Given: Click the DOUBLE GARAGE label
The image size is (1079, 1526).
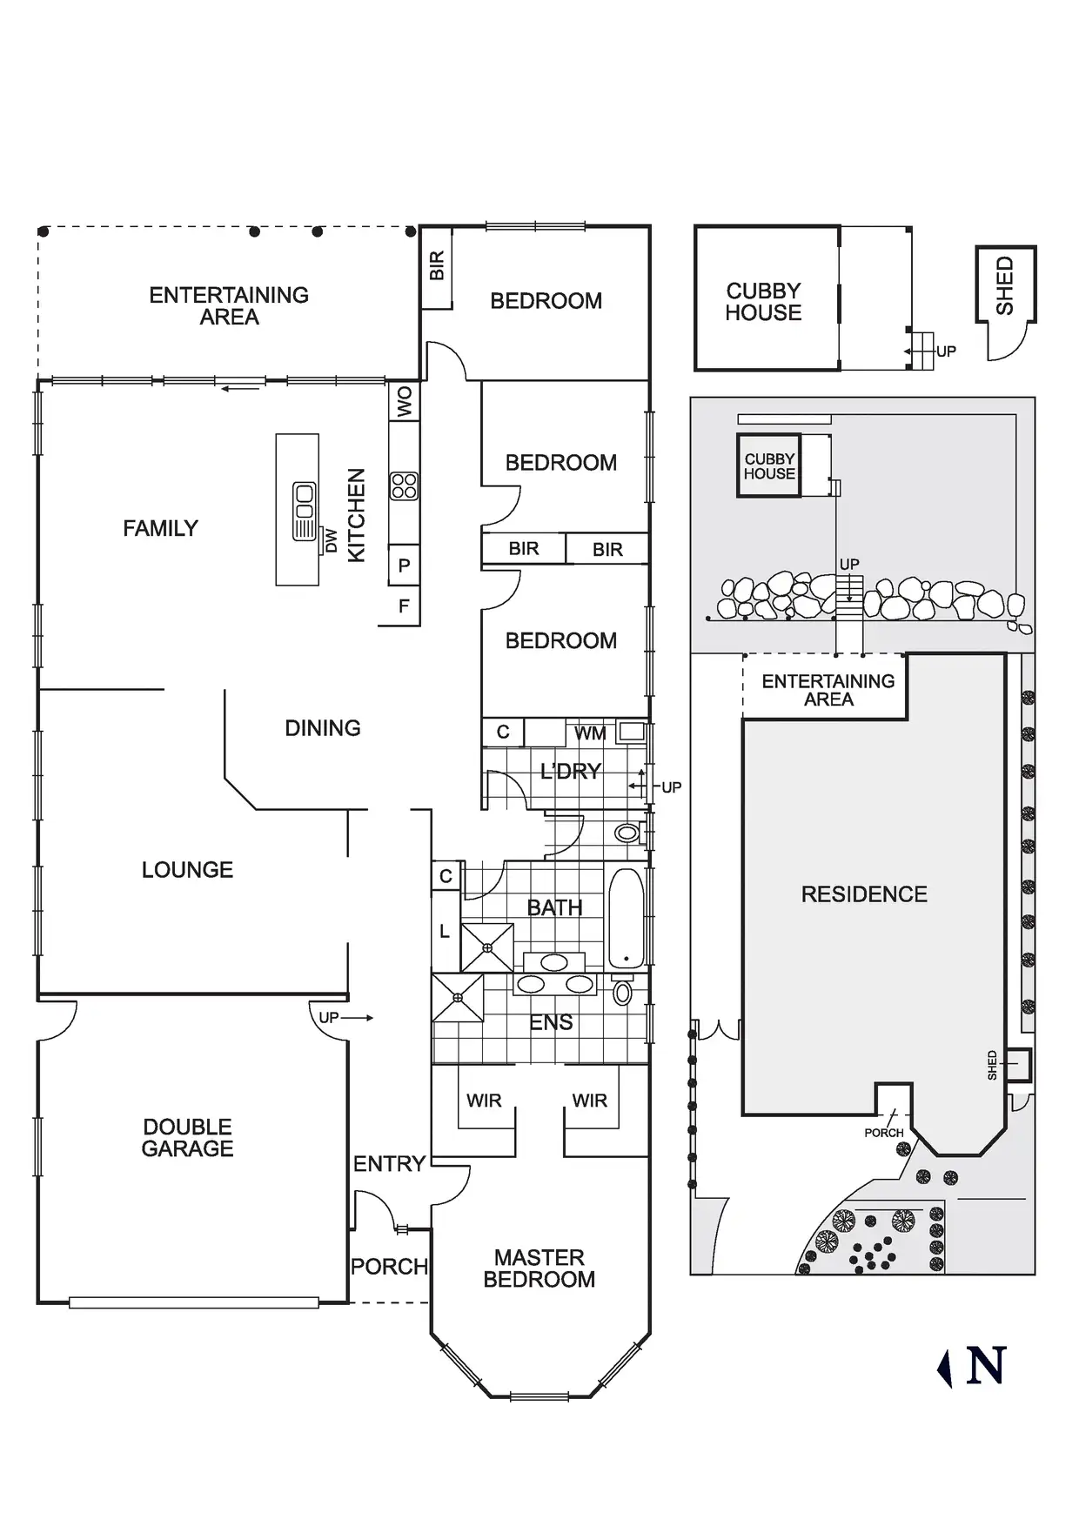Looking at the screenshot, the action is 187,1137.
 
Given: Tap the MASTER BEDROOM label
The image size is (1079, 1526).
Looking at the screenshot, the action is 539,1268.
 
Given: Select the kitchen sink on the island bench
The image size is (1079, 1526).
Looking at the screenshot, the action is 304,511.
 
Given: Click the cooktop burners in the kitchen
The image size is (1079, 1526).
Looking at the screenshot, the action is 404,485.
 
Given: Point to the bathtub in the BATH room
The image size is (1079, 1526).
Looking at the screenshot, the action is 627,917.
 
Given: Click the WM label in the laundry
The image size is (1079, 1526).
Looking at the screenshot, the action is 590,733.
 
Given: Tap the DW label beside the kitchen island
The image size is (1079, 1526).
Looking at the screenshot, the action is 332,541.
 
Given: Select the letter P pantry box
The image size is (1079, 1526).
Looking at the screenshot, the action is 404,566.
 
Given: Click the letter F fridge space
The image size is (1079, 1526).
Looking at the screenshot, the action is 404,606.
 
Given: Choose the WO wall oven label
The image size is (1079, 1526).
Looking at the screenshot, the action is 405,403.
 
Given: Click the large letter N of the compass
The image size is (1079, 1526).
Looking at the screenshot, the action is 986,1366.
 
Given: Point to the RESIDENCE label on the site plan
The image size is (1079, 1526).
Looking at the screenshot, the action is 864,894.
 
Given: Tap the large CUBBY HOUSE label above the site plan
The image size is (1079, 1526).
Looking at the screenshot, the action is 764,302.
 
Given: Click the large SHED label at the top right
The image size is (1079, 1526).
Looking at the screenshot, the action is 1005,285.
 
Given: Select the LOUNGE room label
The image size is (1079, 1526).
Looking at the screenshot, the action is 187,870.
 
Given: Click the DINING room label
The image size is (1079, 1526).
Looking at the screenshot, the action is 323,728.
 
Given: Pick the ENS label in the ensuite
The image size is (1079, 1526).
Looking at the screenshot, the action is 551,1023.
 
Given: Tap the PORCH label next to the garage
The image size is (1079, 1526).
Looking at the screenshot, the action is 389,1267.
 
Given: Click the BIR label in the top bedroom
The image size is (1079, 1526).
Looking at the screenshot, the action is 437,265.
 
